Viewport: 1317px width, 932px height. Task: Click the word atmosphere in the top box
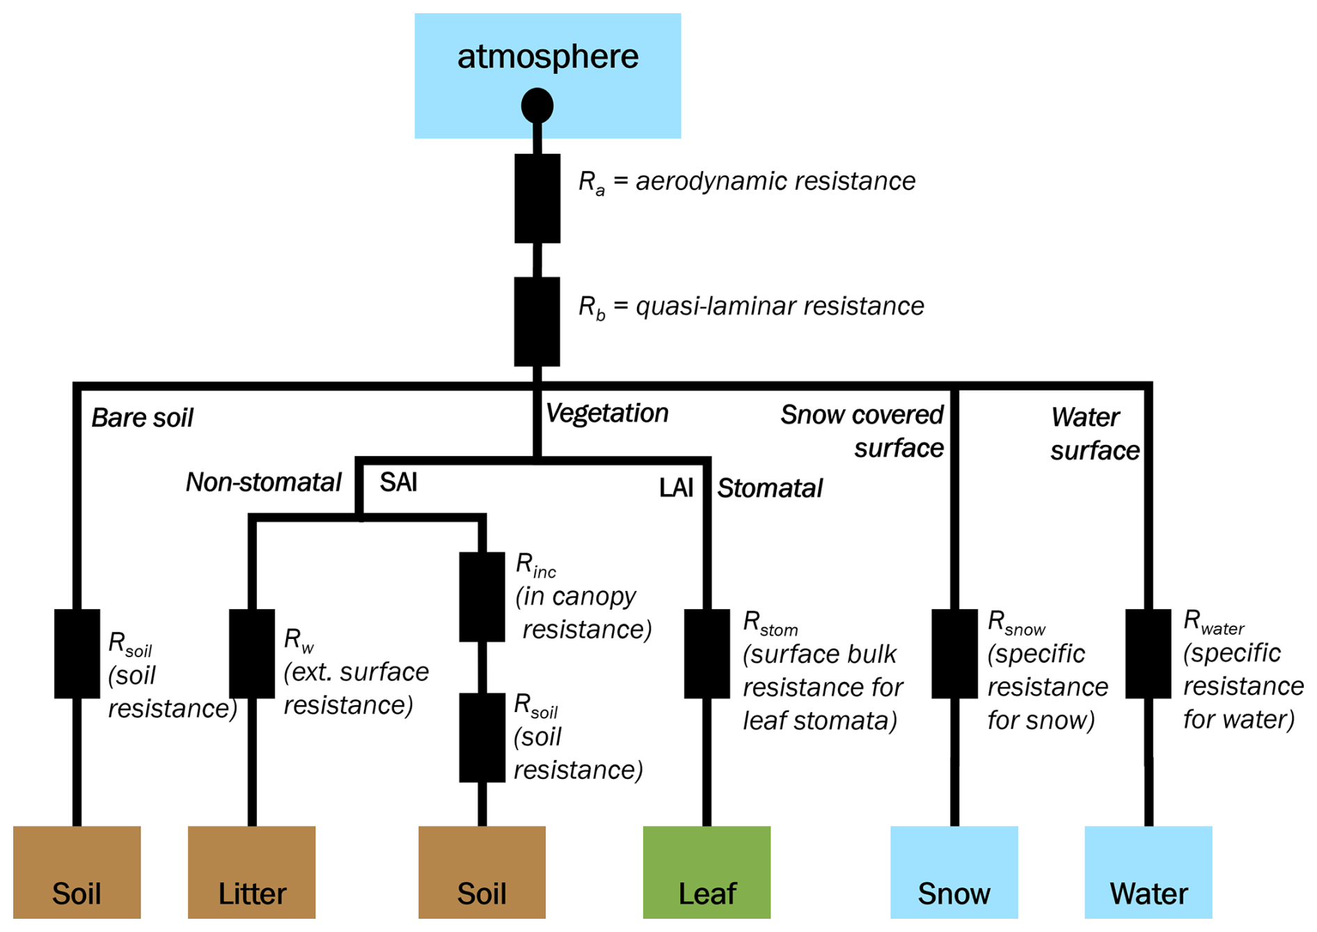(x=547, y=57)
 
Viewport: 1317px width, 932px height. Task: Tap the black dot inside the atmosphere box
(x=537, y=106)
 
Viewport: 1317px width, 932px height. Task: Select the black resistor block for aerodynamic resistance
(x=537, y=198)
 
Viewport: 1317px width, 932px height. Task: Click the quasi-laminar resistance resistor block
(x=537, y=322)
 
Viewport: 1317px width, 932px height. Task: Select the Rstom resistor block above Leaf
(x=707, y=654)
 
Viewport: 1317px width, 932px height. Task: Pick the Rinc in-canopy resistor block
(x=482, y=597)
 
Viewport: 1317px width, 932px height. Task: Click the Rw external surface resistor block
(x=251, y=654)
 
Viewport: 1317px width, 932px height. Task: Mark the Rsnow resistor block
(x=954, y=654)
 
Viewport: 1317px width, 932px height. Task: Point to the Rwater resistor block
(x=1148, y=654)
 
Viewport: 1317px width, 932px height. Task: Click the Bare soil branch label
(x=142, y=418)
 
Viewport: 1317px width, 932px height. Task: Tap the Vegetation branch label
(x=606, y=413)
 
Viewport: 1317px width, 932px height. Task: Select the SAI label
(x=398, y=482)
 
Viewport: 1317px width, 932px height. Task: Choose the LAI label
(x=676, y=488)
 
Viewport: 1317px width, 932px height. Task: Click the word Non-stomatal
(x=263, y=482)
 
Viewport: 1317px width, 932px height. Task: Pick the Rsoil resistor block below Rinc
(x=482, y=737)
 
